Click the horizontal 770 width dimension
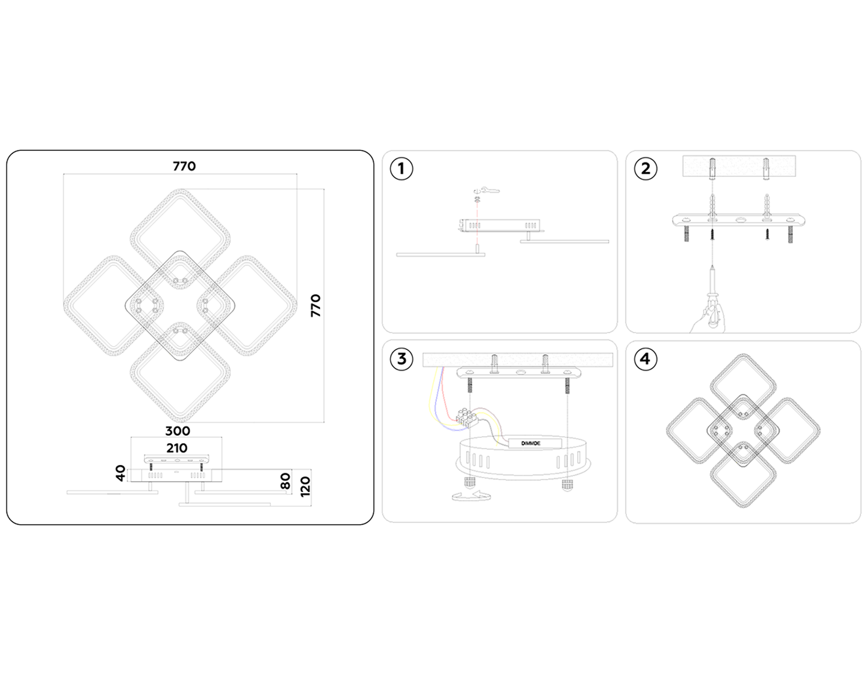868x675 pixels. pyautogui.click(x=184, y=166)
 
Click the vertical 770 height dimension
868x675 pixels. pyautogui.click(x=315, y=305)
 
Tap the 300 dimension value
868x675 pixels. pyautogui.click(x=177, y=431)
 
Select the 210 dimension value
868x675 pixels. pyautogui.click(x=176, y=448)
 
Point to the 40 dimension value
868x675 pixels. pyautogui.click(x=121, y=473)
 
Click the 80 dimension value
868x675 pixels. pyautogui.click(x=285, y=481)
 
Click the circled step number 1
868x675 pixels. pyautogui.click(x=401, y=169)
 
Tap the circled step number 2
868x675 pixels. pyautogui.click(x=646, y=169)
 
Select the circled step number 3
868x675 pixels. pyautogui.click(x=401, y=359)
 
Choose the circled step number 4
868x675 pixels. pyautogui.click(x=646, y=359)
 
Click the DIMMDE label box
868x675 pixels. pyautogui.click(x=534, y=443)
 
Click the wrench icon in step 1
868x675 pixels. pyautogui.click(x=487, y=190)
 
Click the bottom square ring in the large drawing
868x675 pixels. pyautogui.click(x=180, y=372)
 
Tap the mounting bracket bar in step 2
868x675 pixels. pyautogui.click(x=739, y=221)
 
